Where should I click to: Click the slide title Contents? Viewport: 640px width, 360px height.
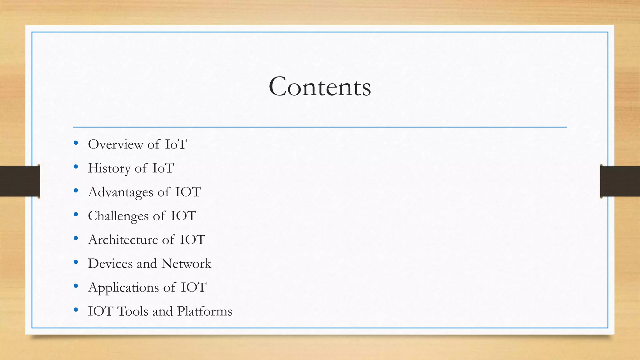click(x=320, y=87)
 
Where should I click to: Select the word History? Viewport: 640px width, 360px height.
click(x=109, y=168)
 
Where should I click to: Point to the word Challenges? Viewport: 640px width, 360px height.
click(x=118, y=216)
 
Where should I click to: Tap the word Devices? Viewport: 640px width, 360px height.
click(x=110, y=263)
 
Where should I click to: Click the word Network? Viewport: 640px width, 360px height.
click(x=186, y=263)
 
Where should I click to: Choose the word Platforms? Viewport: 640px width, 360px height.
click(x=205, y=311)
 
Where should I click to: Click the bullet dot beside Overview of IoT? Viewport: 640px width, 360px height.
click(x=76, y=143)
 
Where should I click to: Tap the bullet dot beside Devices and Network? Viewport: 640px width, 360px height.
click(x=76, y=262)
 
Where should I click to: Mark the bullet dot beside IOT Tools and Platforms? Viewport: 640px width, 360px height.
click(x=76, y=310)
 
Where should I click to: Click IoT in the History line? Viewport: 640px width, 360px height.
click(x=163, y=168)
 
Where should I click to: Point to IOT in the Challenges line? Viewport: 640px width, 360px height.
click(x=183, y=216)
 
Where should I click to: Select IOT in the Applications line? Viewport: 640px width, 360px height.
click(x=194, y=287)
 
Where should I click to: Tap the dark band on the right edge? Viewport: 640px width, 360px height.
click(x=620, y=181)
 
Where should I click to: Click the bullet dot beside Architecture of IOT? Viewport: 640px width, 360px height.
click(x=76, y=238)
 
